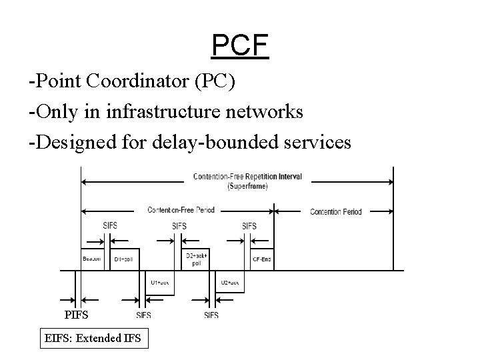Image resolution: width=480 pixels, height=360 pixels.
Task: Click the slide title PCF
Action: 239,46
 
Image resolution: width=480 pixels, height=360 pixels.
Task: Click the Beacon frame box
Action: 91,259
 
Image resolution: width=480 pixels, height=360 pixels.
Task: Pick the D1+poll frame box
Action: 124,259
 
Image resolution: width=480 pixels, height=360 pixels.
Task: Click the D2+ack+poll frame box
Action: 196,259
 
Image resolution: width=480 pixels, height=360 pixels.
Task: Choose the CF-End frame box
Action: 260,259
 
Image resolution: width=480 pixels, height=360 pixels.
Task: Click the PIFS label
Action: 76,314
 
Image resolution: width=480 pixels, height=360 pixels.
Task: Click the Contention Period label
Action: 335,212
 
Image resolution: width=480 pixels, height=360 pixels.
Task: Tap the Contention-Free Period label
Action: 181,210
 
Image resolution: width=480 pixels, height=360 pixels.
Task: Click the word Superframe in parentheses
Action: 247,187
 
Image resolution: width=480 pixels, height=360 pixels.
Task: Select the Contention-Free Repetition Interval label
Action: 247,177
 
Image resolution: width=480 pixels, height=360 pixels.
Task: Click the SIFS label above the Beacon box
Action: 111,226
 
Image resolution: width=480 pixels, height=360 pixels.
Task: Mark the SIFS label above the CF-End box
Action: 249,226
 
